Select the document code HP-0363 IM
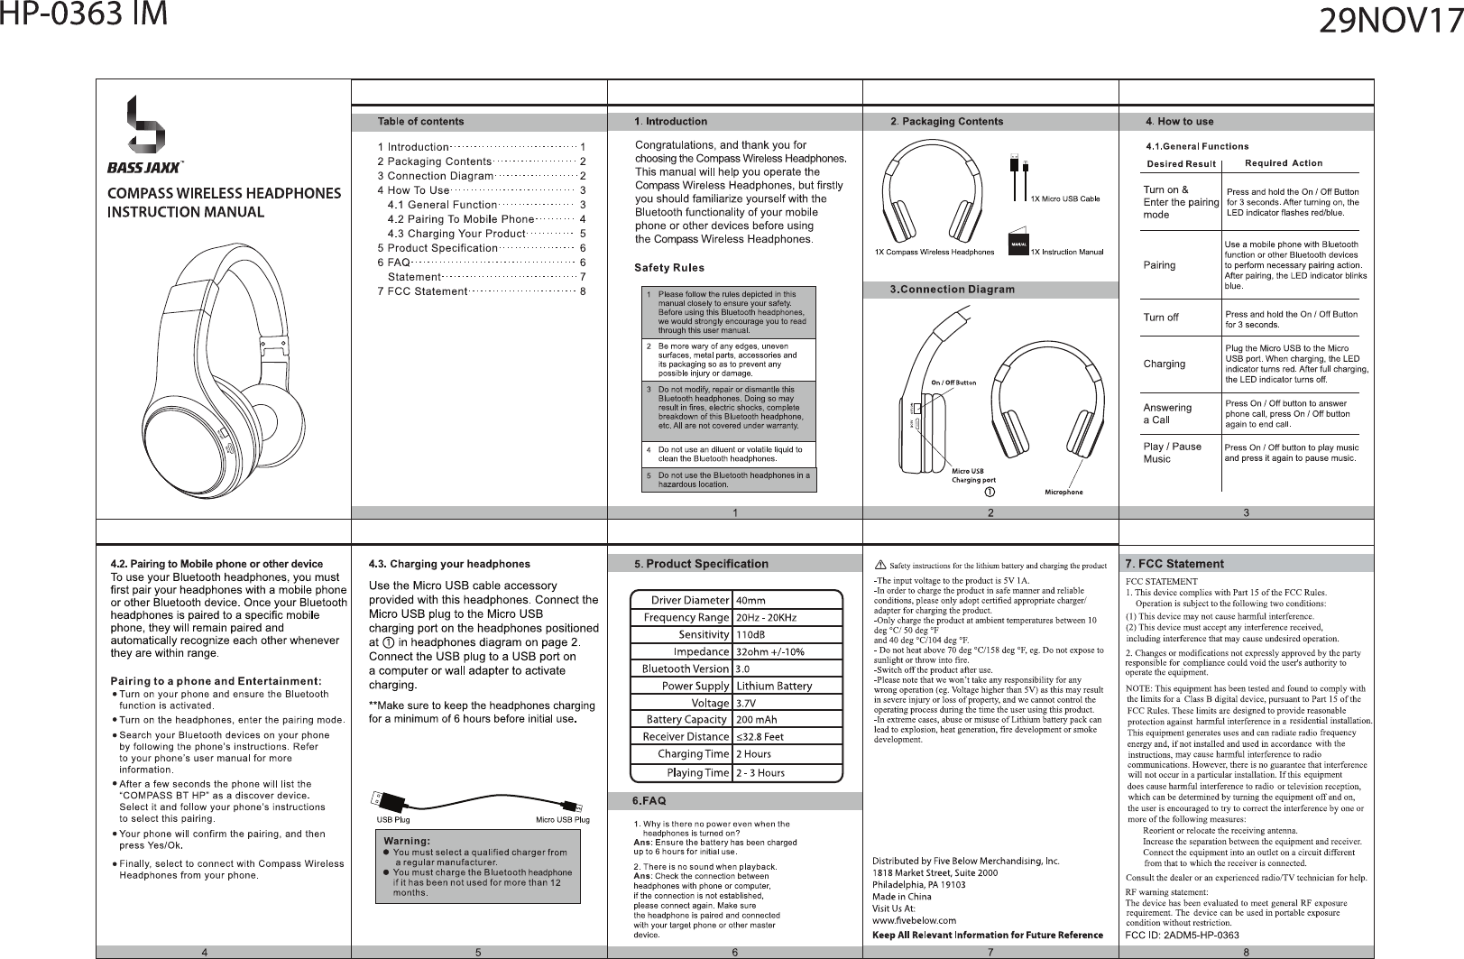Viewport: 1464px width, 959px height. [x=84, y=16]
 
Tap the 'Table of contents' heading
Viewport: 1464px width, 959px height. [x=420, y=121]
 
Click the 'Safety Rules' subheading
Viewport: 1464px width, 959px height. [x=669, y=268]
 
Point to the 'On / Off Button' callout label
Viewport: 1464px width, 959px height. [x=953, y=383]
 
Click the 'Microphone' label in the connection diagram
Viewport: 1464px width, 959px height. [x=1063, y=492]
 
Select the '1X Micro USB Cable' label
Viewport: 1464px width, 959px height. [x=1065, y=198]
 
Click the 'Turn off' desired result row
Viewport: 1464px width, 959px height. [x=1161, y=318]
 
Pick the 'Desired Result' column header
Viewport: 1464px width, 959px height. [x=1181, y=164]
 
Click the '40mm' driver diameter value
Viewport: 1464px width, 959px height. [x=750, y=600]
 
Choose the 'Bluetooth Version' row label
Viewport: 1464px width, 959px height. [x=685, y=669]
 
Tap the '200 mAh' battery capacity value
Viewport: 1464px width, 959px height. [x=757, y=720]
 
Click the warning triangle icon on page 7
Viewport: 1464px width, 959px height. [x=879, y=565]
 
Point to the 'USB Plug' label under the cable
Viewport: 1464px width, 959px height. [x=392, y=820]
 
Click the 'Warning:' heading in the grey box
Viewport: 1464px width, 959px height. [x=408, y=841]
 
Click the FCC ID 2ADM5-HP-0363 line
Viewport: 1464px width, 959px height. [x=1182, y=935]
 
